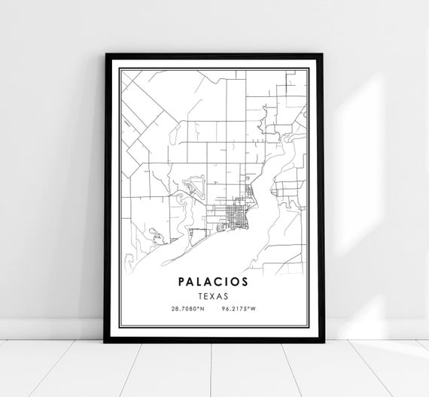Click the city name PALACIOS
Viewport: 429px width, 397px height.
click(214, 282)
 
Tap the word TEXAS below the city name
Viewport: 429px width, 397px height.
click(214, 295)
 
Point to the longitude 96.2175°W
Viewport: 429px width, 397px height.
click(239, 309)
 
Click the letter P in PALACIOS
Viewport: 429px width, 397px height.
click(183, 282)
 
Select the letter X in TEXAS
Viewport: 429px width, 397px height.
click(214, 295)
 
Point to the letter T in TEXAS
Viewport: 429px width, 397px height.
click(200, 295)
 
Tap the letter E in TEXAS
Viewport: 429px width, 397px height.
click(207, 295)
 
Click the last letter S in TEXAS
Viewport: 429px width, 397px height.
click(228, 295)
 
